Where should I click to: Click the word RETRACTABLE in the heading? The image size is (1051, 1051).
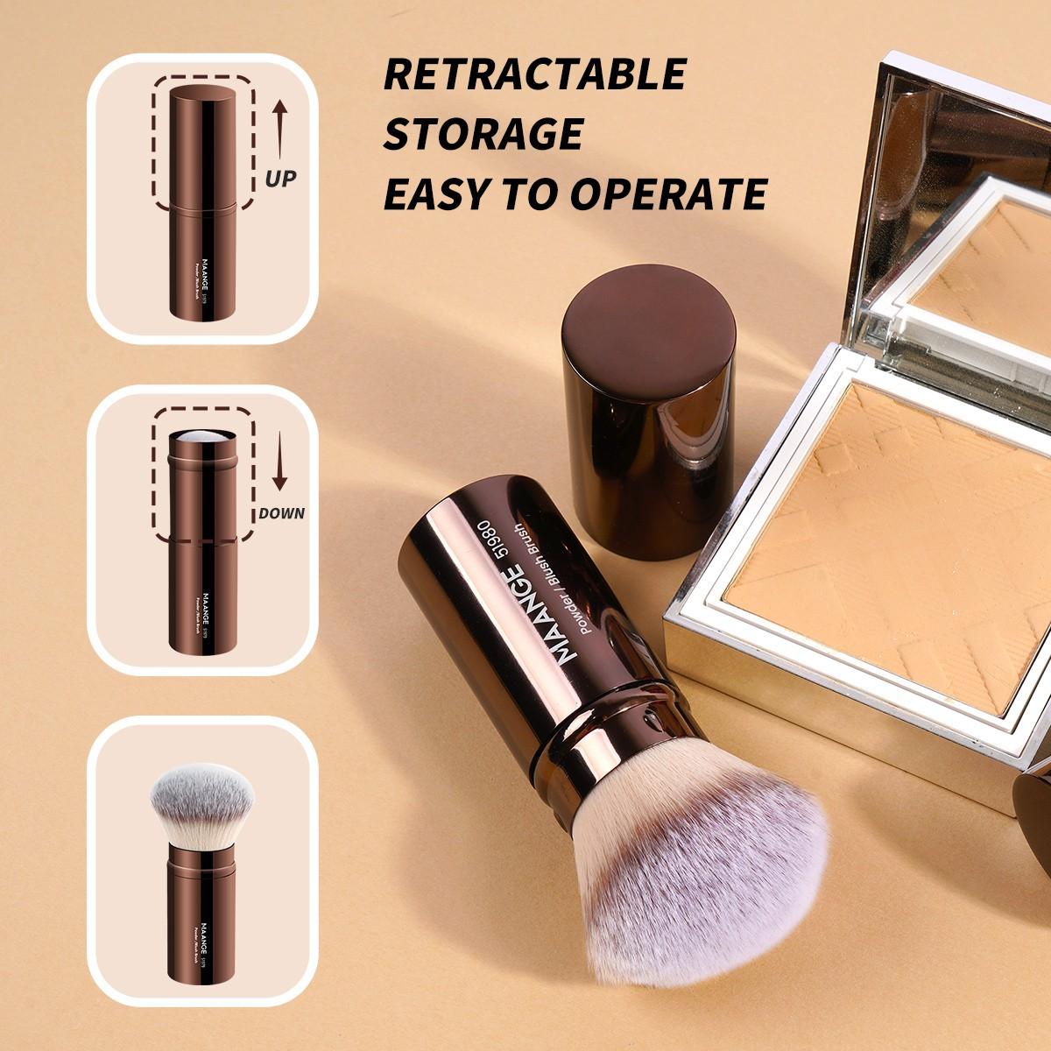pos(534,74)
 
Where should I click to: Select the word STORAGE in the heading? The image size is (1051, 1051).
pos(483,134)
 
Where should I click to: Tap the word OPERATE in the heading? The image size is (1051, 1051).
pos(669,194)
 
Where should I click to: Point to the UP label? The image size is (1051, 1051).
pos(280,179)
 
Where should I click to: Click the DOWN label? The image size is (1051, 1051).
pos(281,513)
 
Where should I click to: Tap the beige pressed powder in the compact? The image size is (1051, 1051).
pos(885,543)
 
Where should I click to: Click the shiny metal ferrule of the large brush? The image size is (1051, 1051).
pos(613,727)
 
